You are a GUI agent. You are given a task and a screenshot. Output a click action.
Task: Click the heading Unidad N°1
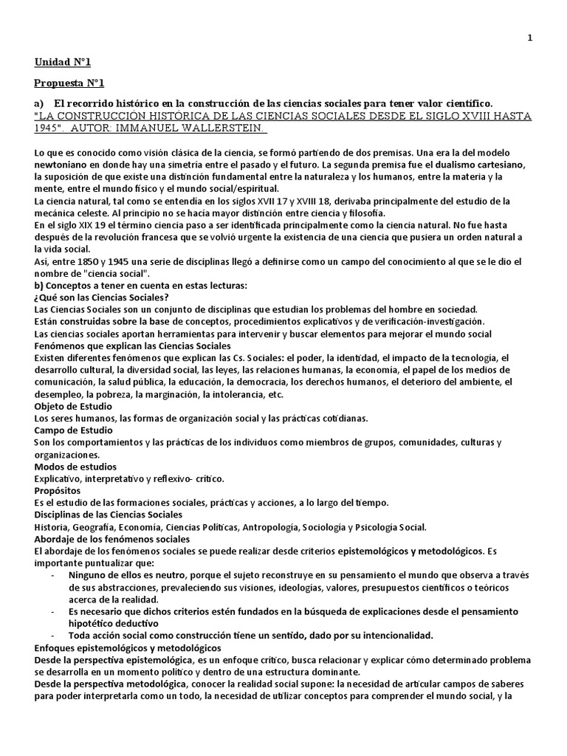(63, 62)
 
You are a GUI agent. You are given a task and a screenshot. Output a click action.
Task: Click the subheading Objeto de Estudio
(72, 405)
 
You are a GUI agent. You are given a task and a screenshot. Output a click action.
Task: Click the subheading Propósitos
(60, 489)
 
